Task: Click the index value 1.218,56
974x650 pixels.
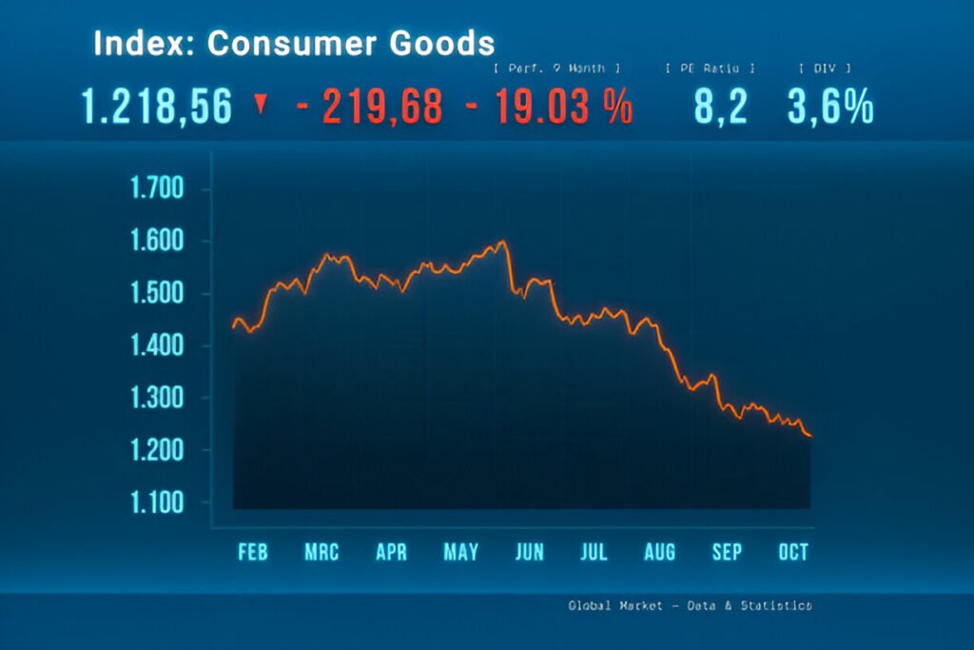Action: pos(157,107)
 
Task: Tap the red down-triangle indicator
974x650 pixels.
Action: pos(260,105)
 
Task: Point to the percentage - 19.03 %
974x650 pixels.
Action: pos(549,107)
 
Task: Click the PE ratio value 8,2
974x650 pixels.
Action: pos(720,107)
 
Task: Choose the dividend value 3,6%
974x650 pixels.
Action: pos(830,107)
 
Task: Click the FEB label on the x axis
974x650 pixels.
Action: pos(252,552)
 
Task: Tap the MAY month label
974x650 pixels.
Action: pos(460,552)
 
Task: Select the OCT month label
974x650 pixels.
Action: pos(792,552)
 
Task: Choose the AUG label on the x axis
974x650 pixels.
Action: pos(659,552)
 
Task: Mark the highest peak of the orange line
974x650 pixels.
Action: pos(501,242)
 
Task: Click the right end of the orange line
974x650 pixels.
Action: pos(809,436)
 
